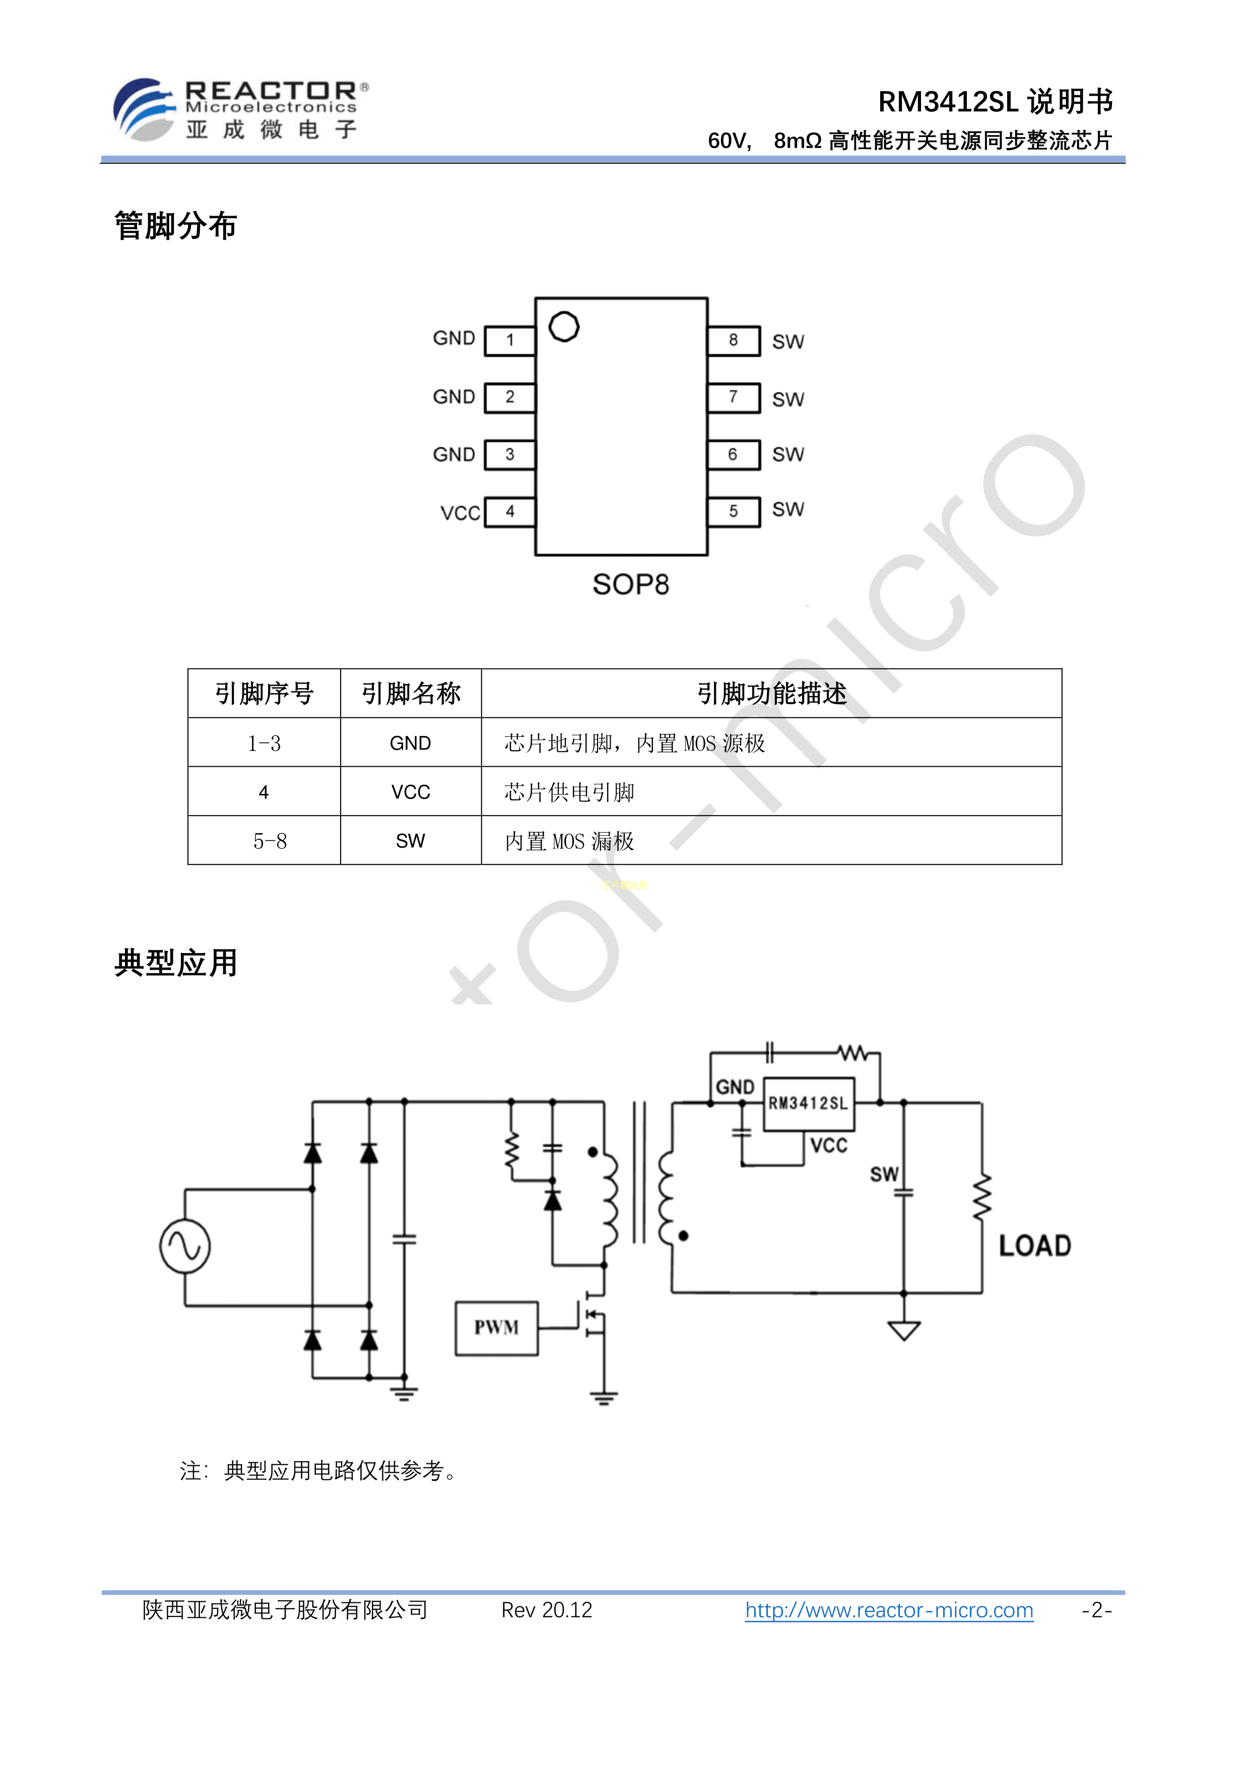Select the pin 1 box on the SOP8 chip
click(x=509, y=340)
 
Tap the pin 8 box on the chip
click(x=734, y=340)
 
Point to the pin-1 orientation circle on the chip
click(x=564, y=326)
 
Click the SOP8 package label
click(x=630, y=585)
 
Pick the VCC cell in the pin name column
click(x=410, y=792)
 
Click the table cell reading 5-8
click(x=270, y=841)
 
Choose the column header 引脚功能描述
click(x=771, y=694)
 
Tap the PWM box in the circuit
click(x=496, y=1328)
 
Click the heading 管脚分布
click(x=175, y=226)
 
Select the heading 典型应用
click(x=175, y=963)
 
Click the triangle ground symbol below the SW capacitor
click(x=904, y=1331)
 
